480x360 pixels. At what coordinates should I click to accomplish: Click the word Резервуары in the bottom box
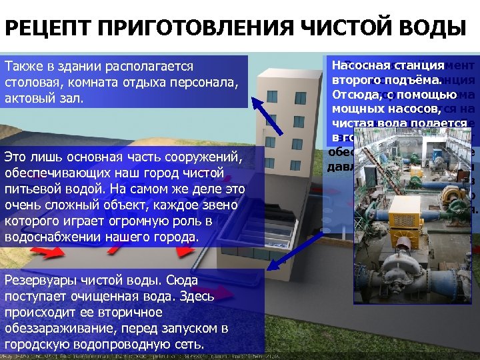click(39, 281)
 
